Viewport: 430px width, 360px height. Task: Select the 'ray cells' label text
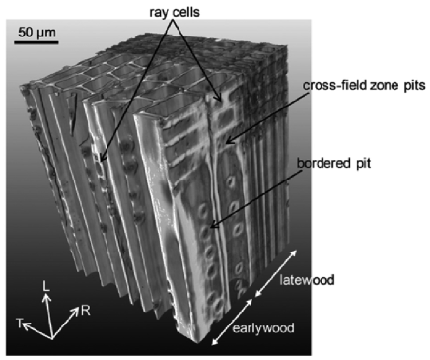tap(174, 12)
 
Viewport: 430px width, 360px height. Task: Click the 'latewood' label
tap(307, 282)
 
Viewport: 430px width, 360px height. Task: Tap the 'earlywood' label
tap(265, 327)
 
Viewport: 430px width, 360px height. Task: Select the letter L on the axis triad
tap(46, 286)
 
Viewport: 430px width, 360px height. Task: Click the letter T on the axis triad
tap(18, 323)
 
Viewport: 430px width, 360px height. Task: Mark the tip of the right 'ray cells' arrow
tap(217, 101)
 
